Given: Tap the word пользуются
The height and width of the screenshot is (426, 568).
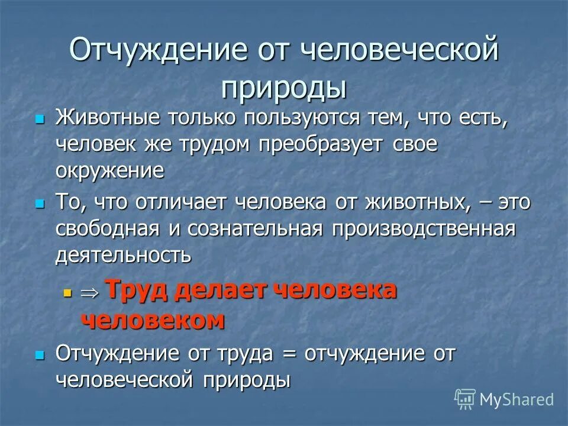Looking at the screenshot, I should point(292,118).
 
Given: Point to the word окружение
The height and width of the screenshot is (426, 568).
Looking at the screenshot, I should point(109,172).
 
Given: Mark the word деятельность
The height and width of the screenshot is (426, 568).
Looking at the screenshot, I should point(123,255).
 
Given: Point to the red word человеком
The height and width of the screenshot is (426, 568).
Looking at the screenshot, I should point(152,320).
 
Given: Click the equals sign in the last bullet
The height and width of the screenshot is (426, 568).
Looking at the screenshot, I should point(288,353).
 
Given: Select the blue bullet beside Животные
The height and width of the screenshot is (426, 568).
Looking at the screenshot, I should point(40,118).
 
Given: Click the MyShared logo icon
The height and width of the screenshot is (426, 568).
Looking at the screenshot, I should point(465,399).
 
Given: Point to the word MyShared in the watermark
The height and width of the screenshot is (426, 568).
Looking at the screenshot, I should point(517,400).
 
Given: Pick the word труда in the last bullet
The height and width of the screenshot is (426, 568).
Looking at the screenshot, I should point(246,353).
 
